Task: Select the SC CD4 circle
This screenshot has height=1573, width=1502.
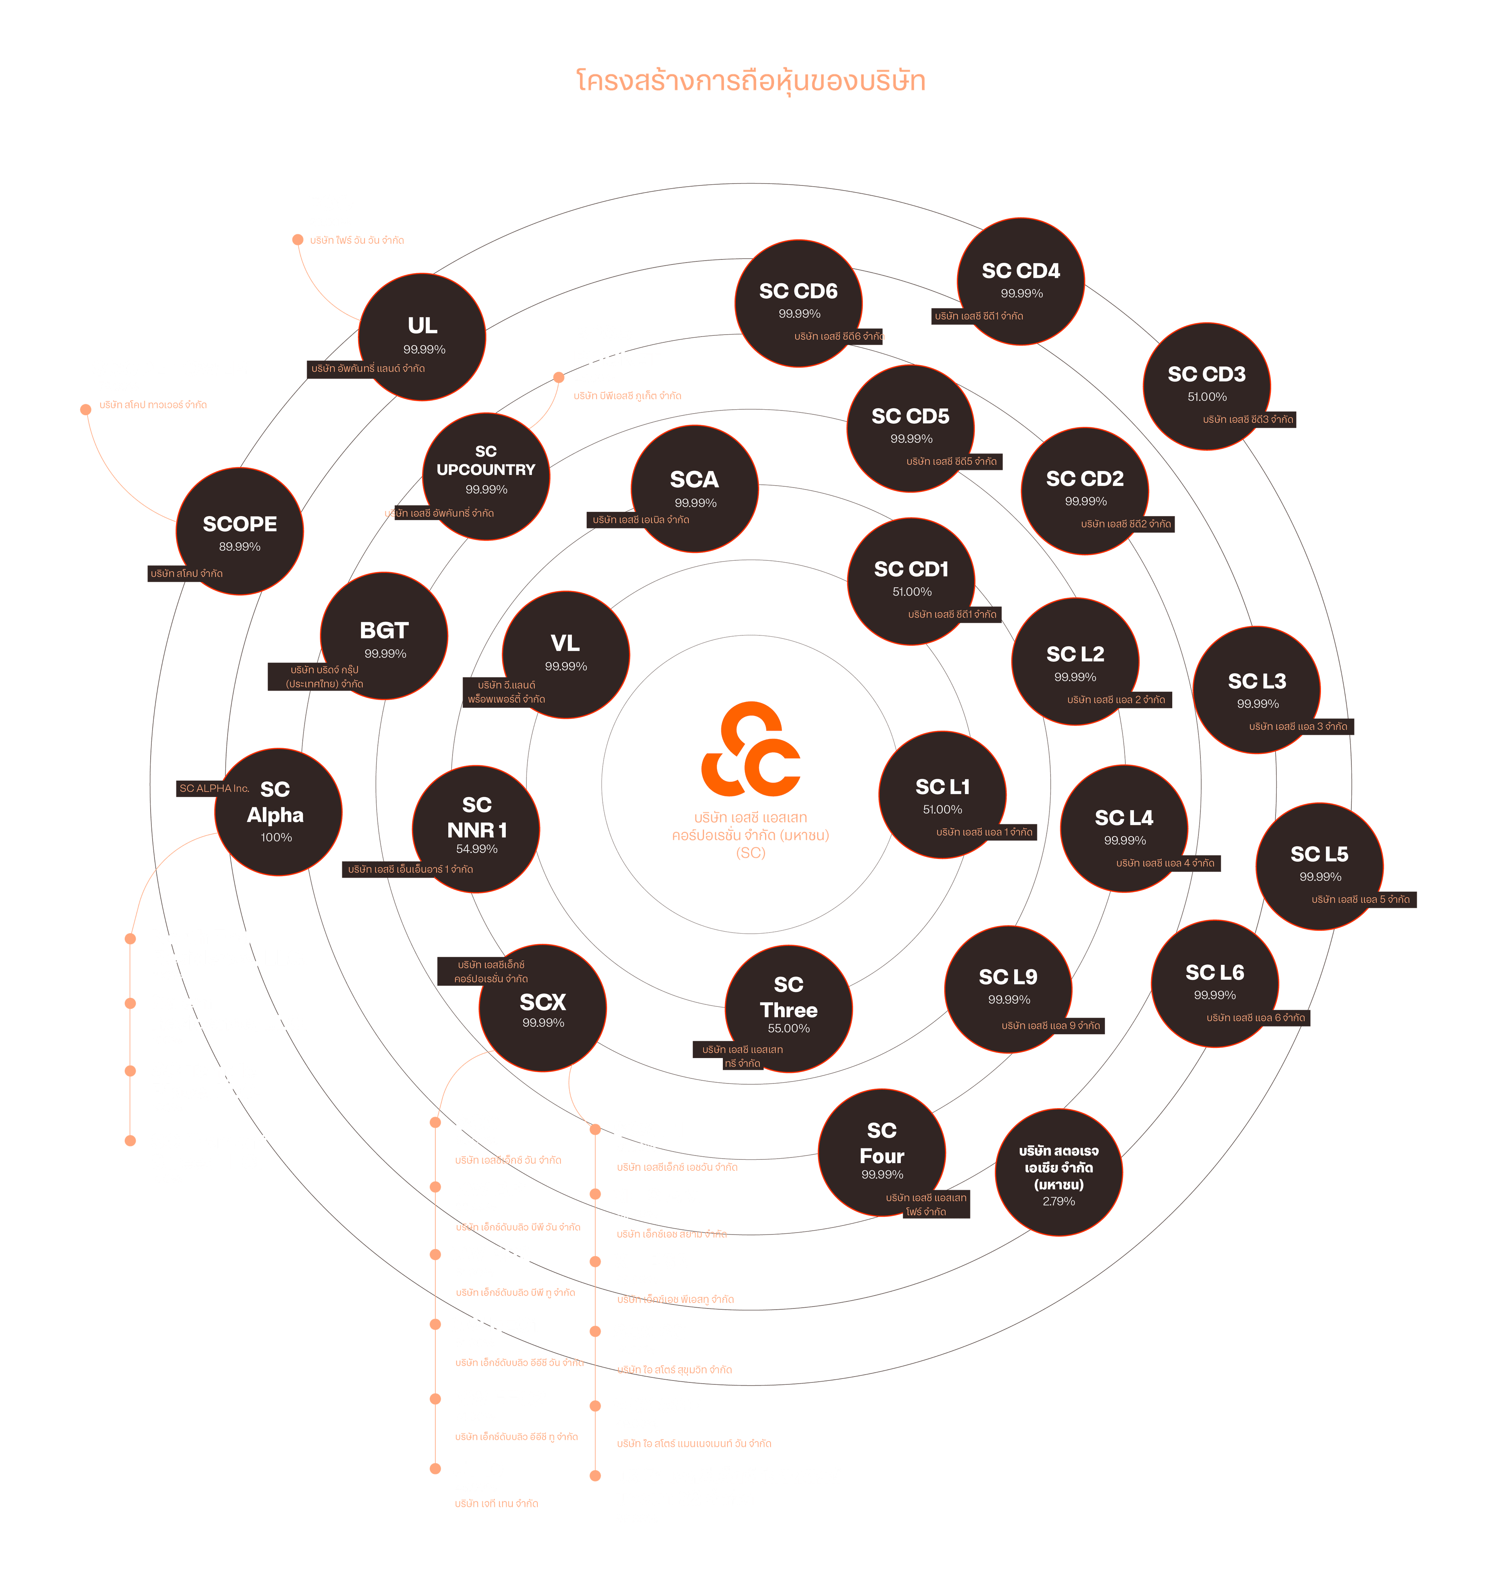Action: coord(1021,281)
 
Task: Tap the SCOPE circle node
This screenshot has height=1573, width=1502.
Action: coord(239,531)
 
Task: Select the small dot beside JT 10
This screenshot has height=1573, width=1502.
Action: coord(436,1468)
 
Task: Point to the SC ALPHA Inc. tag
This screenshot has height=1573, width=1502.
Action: coord(214,788)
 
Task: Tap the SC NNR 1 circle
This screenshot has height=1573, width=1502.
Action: coord(476,829)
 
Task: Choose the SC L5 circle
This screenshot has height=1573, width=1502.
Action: coord(1319,867)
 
